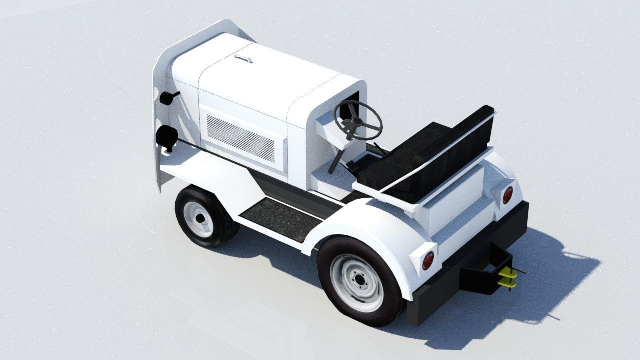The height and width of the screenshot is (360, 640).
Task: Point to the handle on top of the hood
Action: tap(243, 59)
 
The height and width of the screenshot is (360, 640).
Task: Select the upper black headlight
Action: tap(167, 98)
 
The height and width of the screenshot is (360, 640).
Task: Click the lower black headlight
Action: tap(166, 136)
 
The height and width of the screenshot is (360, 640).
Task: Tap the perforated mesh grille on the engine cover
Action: tap(241, 138)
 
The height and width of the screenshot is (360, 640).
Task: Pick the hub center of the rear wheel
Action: tap(358, 282)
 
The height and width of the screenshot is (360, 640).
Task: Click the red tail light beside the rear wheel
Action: tap(428, 260)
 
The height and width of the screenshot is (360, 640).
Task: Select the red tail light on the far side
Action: tap(507, 195)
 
